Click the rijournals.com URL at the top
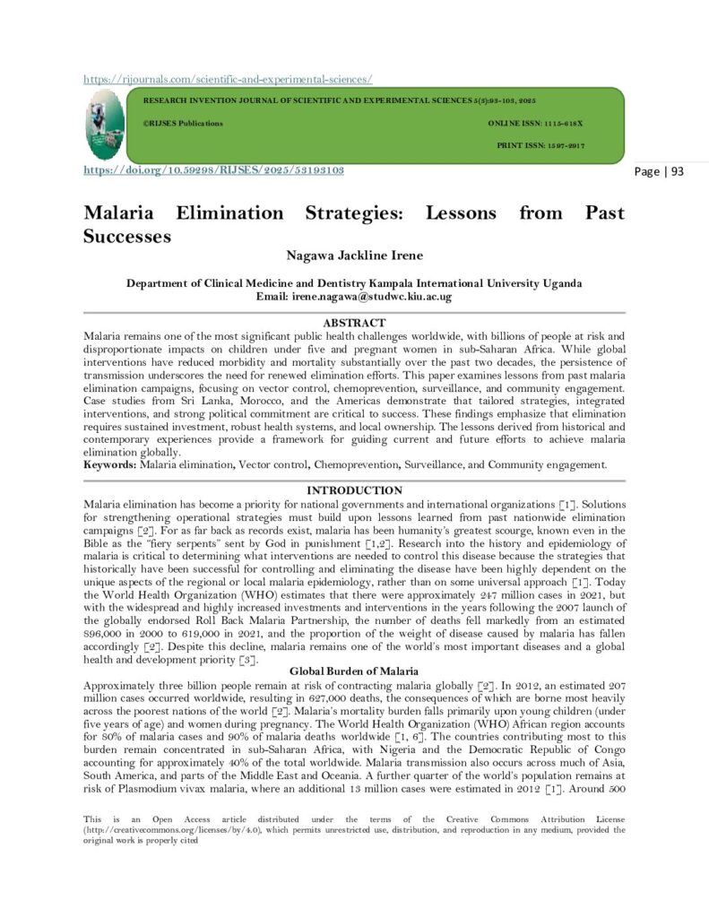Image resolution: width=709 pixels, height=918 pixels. point(228,79)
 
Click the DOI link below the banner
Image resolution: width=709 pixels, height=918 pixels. point(213,169)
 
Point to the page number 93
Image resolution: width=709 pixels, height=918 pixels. point(659,171)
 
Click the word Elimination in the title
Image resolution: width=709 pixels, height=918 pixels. point(230,213)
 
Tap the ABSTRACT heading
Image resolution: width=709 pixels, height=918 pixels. point(354,323)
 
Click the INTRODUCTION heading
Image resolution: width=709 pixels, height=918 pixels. point(354,490)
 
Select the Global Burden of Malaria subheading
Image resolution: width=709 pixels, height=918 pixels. point(354,671)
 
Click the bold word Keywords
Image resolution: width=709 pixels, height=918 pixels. point(110,464)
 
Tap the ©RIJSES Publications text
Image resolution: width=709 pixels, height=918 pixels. point(182,123)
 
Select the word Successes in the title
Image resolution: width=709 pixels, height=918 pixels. point(126,237)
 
